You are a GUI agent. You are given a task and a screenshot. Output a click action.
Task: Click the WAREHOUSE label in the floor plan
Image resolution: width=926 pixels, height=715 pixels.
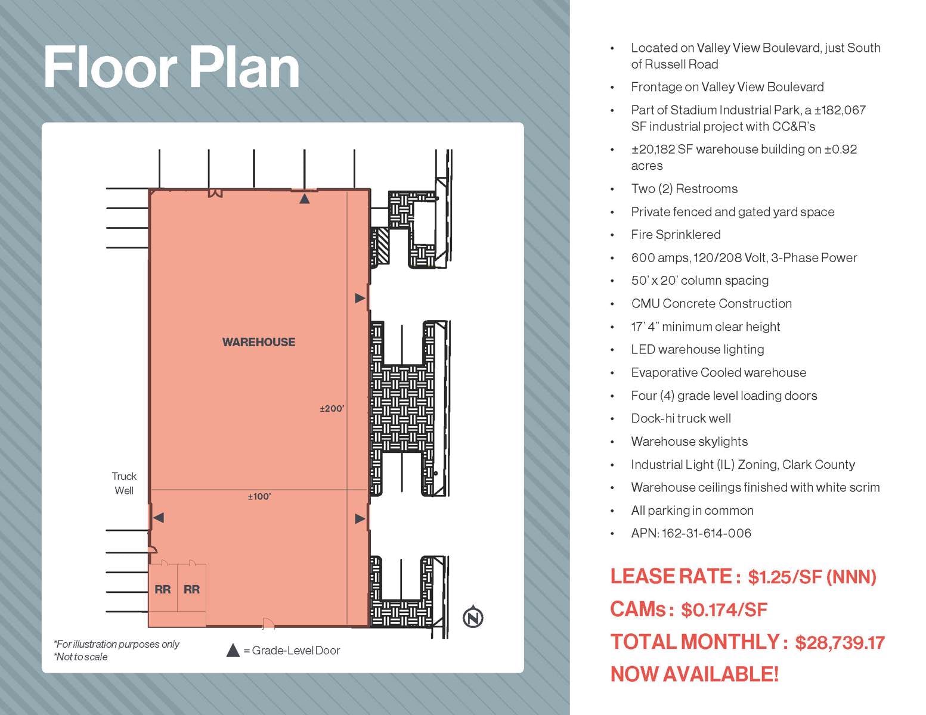click(258, 342)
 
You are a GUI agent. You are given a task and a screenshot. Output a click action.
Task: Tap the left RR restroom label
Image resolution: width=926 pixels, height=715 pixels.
click(162, 589)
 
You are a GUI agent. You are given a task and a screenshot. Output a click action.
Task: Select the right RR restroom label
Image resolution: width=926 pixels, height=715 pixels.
click(191, 589)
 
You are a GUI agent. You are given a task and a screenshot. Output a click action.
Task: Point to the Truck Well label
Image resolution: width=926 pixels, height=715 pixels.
click(124, 483)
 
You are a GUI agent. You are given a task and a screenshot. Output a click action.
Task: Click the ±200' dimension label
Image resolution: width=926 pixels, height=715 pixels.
click(332, 409)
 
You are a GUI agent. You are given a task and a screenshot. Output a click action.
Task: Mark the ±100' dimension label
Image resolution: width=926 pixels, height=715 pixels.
click(259, 496)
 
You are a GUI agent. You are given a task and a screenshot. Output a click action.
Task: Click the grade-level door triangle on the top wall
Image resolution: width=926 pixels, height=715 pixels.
click(304, 198)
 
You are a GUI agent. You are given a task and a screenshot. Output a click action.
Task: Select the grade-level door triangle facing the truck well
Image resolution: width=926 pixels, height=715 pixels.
click(158, 518)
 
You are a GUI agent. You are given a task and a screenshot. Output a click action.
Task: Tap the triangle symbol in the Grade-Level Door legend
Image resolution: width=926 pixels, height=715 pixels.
click(233, 651)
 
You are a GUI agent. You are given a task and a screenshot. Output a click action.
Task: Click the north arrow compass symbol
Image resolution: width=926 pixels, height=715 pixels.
click(473, 617)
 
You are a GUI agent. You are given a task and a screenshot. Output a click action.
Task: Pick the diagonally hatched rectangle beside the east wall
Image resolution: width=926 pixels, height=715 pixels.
click(380, 247)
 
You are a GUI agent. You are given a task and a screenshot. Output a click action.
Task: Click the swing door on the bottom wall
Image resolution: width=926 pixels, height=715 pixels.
click(268, 623)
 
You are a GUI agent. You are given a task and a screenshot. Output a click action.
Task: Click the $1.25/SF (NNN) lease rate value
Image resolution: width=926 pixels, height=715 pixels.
click(812, 577)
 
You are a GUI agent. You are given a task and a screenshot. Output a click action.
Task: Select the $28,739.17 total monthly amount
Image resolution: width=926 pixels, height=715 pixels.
click(840, 642)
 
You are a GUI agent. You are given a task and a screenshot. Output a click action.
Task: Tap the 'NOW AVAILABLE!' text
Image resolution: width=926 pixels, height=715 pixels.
click(694, 674)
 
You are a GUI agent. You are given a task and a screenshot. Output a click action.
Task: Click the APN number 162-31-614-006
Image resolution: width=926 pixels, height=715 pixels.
click(706, 533)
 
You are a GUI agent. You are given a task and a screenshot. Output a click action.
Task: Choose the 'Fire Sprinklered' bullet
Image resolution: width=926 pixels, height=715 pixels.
click(676, 235)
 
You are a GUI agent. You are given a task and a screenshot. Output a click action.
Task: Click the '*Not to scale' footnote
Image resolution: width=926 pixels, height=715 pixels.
click(81, 657)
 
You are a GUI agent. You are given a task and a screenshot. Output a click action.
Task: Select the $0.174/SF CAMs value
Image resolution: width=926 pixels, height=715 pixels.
click(724, 610)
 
